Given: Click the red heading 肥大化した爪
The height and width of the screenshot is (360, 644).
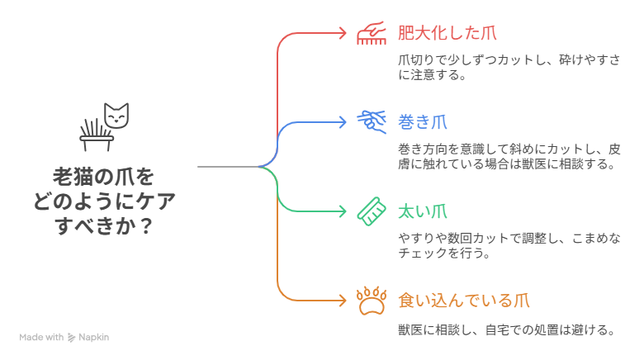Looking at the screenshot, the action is [x=447, y=33].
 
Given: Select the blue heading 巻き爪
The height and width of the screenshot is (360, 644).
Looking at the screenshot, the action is [x=423, y=122].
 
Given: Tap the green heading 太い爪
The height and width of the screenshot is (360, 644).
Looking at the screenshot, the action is [x=423, y=211].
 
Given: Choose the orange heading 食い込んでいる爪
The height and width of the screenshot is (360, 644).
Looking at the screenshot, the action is [x=464, y=301].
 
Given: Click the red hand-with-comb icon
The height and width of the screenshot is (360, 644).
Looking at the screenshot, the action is [x=372, y=33].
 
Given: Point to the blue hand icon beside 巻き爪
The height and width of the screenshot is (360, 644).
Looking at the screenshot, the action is [x=372, y=121].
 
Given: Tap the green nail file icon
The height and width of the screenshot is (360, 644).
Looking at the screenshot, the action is [x=372, y=211].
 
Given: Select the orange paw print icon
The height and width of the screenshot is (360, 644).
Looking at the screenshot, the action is [x=372, y=301].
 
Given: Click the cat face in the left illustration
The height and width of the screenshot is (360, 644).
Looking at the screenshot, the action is [x=116, y=116].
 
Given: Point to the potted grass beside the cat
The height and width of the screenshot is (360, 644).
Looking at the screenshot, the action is [x=97, y=135].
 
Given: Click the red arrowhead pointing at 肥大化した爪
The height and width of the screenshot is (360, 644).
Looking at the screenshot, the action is [x=343, y=33].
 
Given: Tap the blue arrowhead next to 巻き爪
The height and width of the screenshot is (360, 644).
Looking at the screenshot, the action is [x=343, y=122].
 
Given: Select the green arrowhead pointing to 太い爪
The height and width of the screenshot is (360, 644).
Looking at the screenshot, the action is [x=343, y=211].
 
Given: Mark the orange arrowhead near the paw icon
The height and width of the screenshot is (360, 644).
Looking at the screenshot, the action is [x=343, y=301].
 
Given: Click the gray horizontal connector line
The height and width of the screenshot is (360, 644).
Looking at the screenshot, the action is [x=229, y=167].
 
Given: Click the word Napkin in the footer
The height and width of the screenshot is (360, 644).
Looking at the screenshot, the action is [x=93, y=338].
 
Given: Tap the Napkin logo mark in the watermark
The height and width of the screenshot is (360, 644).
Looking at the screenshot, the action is [x=72, y=338].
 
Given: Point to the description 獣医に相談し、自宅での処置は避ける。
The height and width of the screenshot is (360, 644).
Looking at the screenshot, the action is [x=506, y=330].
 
